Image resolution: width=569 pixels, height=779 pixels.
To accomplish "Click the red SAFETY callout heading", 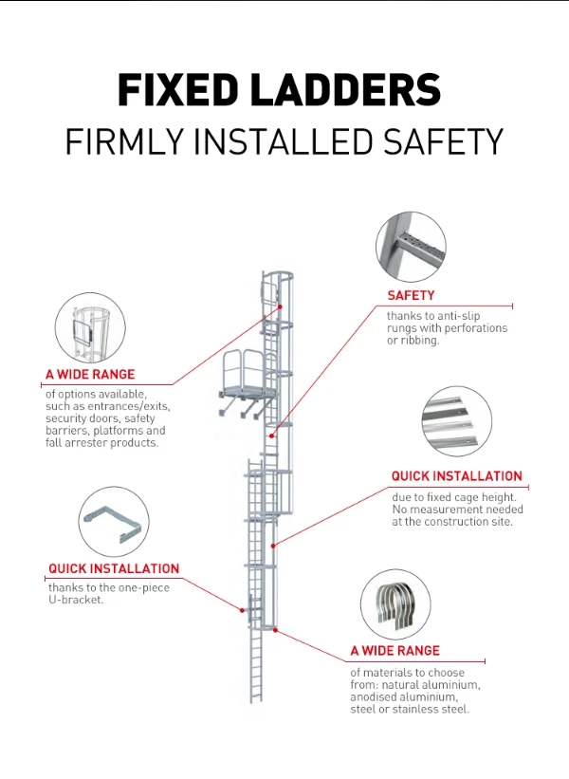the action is (x=411, y=295).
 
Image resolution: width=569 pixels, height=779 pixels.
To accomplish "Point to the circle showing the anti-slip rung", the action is (x=412, y=248).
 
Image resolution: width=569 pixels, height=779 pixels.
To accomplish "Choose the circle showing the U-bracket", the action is (x=114, y=523).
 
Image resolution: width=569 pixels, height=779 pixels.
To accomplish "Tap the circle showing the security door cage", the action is (x=90, y=328).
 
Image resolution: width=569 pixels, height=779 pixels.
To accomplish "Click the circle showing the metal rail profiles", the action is (x=456, y=421).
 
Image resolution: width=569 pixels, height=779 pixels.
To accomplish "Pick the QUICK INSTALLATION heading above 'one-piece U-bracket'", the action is (x=114, y=568).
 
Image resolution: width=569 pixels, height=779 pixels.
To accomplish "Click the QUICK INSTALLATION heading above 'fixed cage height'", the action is (x=456, y=475).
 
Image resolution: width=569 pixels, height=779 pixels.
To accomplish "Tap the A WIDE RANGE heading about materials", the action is (x=395, y=651).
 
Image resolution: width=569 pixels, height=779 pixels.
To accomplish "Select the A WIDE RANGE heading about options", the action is (x=90, y=375).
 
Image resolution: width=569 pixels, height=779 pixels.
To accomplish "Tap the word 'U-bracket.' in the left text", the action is (x=75, y=600).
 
